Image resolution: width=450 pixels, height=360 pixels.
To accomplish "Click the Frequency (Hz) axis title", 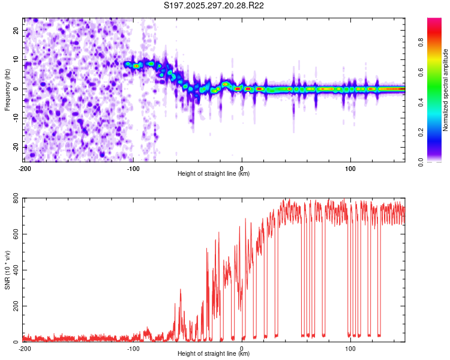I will tap(7, 89).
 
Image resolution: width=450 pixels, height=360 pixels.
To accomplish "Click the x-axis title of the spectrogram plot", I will tap(214, 174).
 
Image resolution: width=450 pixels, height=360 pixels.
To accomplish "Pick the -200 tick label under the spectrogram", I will tap(25, 168).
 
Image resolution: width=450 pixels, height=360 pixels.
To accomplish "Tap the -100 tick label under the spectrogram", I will tap(133, 168).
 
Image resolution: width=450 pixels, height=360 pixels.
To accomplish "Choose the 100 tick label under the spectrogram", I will tap(350, 168).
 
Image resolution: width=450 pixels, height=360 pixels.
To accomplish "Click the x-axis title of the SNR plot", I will tap(214, 354).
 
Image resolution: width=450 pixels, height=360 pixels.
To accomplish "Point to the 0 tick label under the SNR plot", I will tap(242, 348).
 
